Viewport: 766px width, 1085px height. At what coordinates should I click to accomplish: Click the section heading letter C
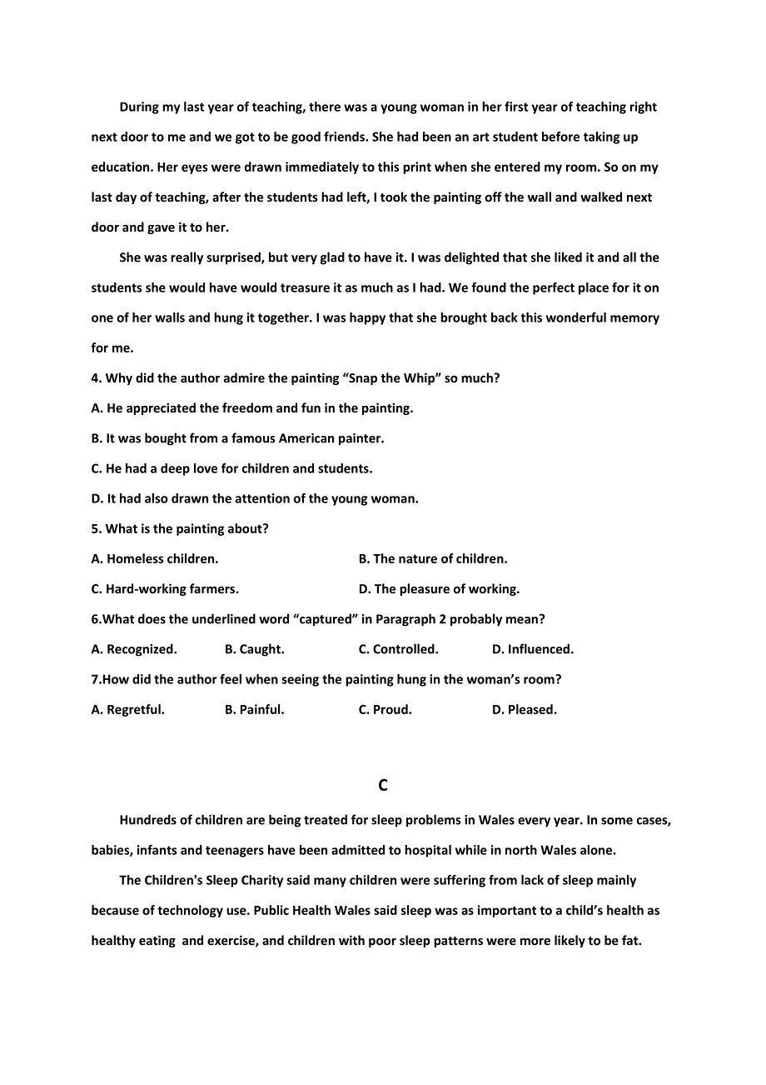[383, 785]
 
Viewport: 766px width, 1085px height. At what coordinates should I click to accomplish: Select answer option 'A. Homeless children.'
[155, 559]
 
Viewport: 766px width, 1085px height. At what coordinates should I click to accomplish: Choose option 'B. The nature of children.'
[433, 559]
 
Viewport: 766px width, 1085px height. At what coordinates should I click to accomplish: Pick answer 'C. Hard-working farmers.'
[165, 589]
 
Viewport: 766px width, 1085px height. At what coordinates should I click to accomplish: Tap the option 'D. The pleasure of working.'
[439, 589]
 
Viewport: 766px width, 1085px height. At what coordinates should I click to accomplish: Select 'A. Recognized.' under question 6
[134, 649]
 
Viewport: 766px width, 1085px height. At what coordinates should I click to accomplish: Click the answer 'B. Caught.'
[255, 649]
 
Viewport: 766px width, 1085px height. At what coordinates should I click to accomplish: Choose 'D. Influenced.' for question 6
[533, 649]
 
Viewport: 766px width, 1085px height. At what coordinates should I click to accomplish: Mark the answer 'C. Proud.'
[385, 710]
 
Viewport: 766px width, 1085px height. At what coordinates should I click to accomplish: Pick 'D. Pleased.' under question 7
[525, 710]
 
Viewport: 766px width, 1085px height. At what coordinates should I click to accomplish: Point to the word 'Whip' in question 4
[420, 378]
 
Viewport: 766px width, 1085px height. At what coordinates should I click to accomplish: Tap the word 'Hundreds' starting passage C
[147, 820]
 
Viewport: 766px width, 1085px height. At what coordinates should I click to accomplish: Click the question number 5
[96, 529]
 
